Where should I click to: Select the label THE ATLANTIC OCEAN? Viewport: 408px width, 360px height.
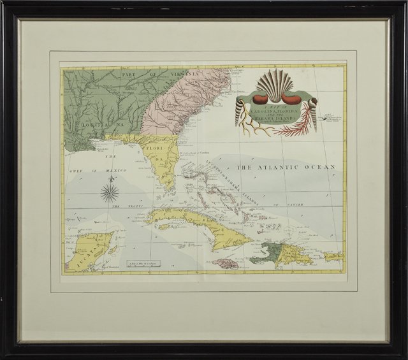coord(286,167)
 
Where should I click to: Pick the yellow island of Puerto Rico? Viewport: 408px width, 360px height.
coord(333,256)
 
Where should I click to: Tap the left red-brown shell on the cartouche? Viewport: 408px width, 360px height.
coord(252,99)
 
